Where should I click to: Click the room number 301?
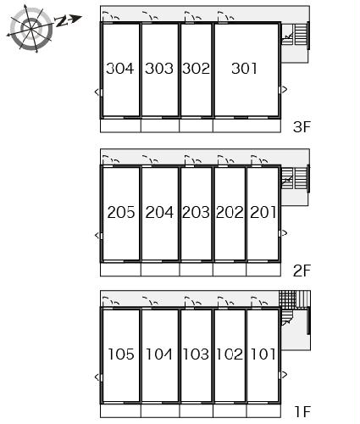coord(244,69)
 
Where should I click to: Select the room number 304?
coord(119,69)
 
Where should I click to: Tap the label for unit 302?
coord(196,69)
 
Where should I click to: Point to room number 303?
coord(159,69)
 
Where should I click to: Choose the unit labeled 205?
coord(121,212)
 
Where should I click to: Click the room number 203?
coord(196,212)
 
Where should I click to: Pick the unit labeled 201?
coord(263,212)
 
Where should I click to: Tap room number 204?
coord(159,212)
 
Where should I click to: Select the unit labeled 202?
coord(230,212)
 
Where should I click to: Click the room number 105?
coord(121,354)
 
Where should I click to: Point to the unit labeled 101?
coord(263,354)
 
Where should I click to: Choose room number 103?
coord(196,354)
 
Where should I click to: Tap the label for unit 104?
coord(159,354)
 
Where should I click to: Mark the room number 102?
coord(230,354)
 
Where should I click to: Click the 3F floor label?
coord(302,126)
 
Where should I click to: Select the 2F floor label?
coord(302,271)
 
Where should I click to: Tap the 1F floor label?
coord(302,411)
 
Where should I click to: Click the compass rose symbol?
coord(30,29)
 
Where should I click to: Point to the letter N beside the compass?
coord(61,21)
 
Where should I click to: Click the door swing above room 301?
coord(225,16)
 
